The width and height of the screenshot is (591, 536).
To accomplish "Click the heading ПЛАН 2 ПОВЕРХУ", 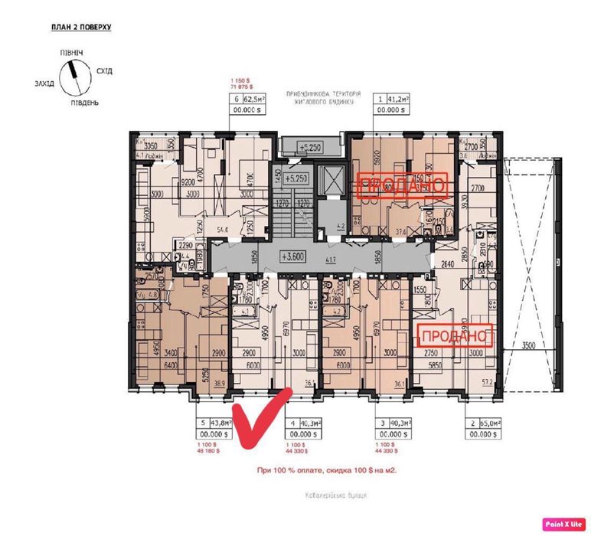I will [82, 27].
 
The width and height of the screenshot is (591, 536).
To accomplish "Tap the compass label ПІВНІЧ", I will [72, 51].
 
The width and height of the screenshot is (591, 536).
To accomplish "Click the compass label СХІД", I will [104, 71].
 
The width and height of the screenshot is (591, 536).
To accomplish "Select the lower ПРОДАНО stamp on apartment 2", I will [455, 335].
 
